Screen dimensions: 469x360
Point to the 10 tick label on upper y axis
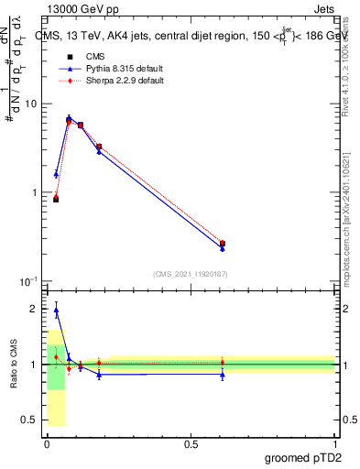click(x=29, y=104)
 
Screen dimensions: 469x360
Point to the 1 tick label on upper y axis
click(x=33, y=192)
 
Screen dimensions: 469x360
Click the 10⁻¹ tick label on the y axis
click(x=27, y=280)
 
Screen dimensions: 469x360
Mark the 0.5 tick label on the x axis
click(x=191, y=444)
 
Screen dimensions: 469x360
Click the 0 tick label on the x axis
click(x=48, y=444)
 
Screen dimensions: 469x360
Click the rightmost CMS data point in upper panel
click(x=223, y=244)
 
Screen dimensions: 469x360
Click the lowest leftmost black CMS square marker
click(x=56, y=199)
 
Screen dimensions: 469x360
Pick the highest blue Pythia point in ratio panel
click(x=56, y=311)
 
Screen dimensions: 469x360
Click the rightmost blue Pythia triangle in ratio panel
click(x=223, y=374)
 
